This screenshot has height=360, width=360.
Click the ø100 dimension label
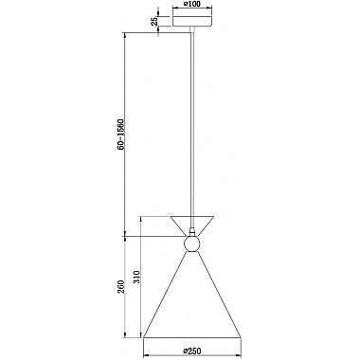[x=192, y=5]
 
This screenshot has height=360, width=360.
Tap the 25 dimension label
[x=154, y=22]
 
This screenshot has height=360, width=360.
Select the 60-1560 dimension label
[x=121, y=134]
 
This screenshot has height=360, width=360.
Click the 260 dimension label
[x=121, y=287]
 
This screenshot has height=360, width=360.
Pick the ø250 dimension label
[x=192, y=351]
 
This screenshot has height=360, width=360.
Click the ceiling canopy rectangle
[x=192, y=21]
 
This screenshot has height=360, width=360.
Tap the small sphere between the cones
[x=192, y=243]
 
